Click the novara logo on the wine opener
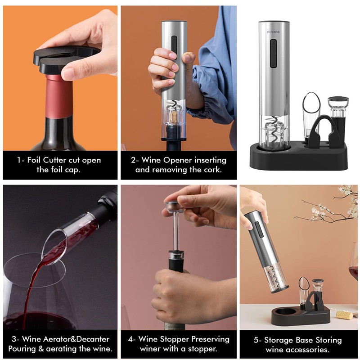click(x=273, y=32)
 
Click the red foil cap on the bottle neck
click(x=59, y=97)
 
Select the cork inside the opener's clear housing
click(x=173, y=117)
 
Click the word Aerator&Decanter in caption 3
click(x=66, y=339)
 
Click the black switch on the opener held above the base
click(x=260, y=229)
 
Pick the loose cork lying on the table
click(x=344, y=314)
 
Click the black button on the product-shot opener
click(x=273, y=54)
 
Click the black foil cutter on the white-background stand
click(x=321, y=131)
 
